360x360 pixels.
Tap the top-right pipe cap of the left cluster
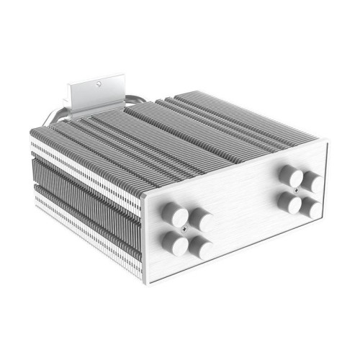click(200, 220)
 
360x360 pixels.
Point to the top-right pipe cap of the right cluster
click(312, 181)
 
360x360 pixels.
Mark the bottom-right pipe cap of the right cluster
click(312, 209)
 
